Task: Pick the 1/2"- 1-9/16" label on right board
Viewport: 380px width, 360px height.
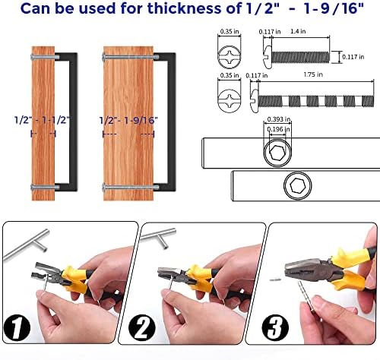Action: [127, 119]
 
